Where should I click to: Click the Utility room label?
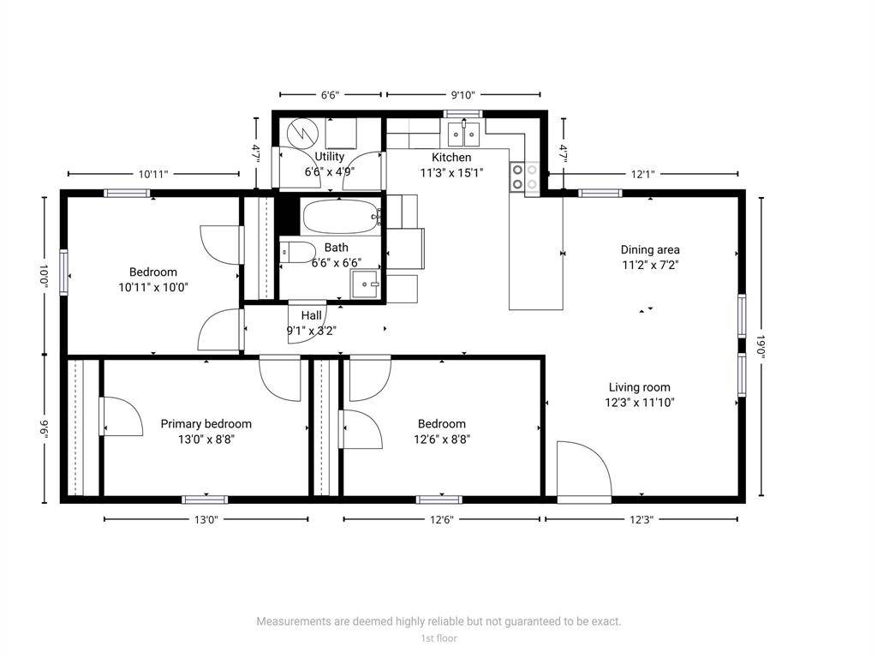(x=330, y=157)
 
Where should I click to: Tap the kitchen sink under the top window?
(x=463, y=134)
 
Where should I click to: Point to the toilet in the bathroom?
(x=295, y=253)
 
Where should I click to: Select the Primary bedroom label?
(x=206, y=424)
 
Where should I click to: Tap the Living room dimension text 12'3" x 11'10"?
(x=640, y=402)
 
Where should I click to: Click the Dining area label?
(x=650, y=250)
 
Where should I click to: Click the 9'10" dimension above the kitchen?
(x=462, y=95)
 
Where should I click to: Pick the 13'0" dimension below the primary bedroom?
(x=206, y=519)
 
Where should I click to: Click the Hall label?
(x=311, y=315)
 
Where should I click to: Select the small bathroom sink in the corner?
(x=368, y=284)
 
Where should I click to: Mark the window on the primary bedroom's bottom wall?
(x=206, y=499)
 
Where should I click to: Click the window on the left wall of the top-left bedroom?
(x=64, y=272)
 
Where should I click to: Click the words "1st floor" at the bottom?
(x=438, y=638)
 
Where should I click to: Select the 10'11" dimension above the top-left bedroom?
(x=153, y=174)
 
